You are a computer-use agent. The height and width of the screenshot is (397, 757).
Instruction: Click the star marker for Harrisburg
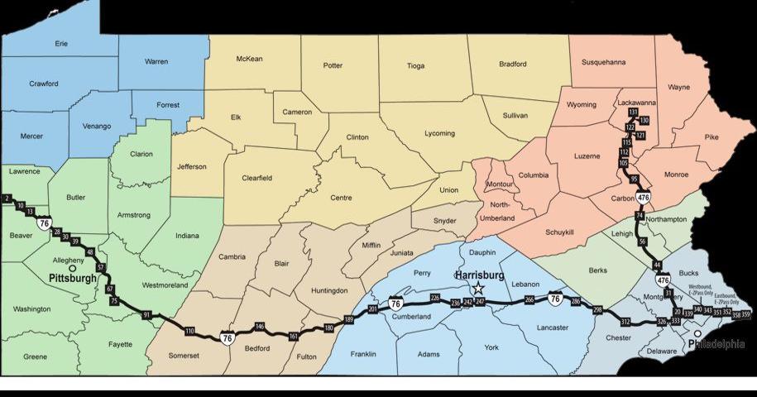(478, 289)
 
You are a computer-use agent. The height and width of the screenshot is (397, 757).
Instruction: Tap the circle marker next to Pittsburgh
(74, 269)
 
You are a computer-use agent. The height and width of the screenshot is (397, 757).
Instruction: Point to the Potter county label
(333, 65)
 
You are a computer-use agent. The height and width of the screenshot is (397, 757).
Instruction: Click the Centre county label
(341, 198)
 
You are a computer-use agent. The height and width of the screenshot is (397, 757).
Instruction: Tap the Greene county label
(35, 356)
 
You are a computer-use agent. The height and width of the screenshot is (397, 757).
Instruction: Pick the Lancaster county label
(552, 328)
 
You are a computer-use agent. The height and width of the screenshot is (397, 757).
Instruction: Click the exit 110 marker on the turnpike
(189, 331)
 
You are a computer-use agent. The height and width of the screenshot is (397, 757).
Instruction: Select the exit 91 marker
(146, 315)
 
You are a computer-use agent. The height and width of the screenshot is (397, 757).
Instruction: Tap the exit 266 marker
(529, 300)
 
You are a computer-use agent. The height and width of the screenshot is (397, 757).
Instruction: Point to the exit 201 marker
(372, 309)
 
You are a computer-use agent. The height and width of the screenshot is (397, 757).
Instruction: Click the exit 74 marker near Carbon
(639, 216)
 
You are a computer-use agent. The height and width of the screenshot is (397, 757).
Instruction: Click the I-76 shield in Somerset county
(227, 337)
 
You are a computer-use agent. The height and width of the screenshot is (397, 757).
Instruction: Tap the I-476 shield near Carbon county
(643, 197)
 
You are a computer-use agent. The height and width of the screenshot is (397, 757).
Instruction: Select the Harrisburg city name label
(480, 275)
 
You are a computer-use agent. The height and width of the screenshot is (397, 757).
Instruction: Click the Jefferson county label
(192, 166)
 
